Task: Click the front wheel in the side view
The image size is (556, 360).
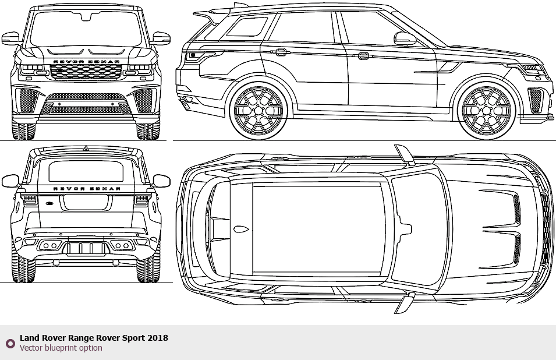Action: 488,111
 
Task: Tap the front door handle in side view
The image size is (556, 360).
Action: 362,56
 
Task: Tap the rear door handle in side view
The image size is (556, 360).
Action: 281,52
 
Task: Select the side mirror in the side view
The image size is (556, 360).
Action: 405,38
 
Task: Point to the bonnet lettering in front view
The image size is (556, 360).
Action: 86,61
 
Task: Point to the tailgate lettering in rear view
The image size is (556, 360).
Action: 86,189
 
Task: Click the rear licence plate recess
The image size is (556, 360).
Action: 86,202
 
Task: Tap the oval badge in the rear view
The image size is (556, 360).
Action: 49,203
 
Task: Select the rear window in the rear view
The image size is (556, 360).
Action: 86,172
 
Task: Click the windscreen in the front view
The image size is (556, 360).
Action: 86,29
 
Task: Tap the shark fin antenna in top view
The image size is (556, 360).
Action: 240,229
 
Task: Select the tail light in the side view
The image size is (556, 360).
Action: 198,57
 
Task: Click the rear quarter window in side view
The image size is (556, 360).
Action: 247,27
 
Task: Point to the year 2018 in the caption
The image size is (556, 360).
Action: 158,338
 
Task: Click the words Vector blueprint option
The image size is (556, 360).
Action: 61,348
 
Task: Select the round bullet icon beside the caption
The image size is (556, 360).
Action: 10,343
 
